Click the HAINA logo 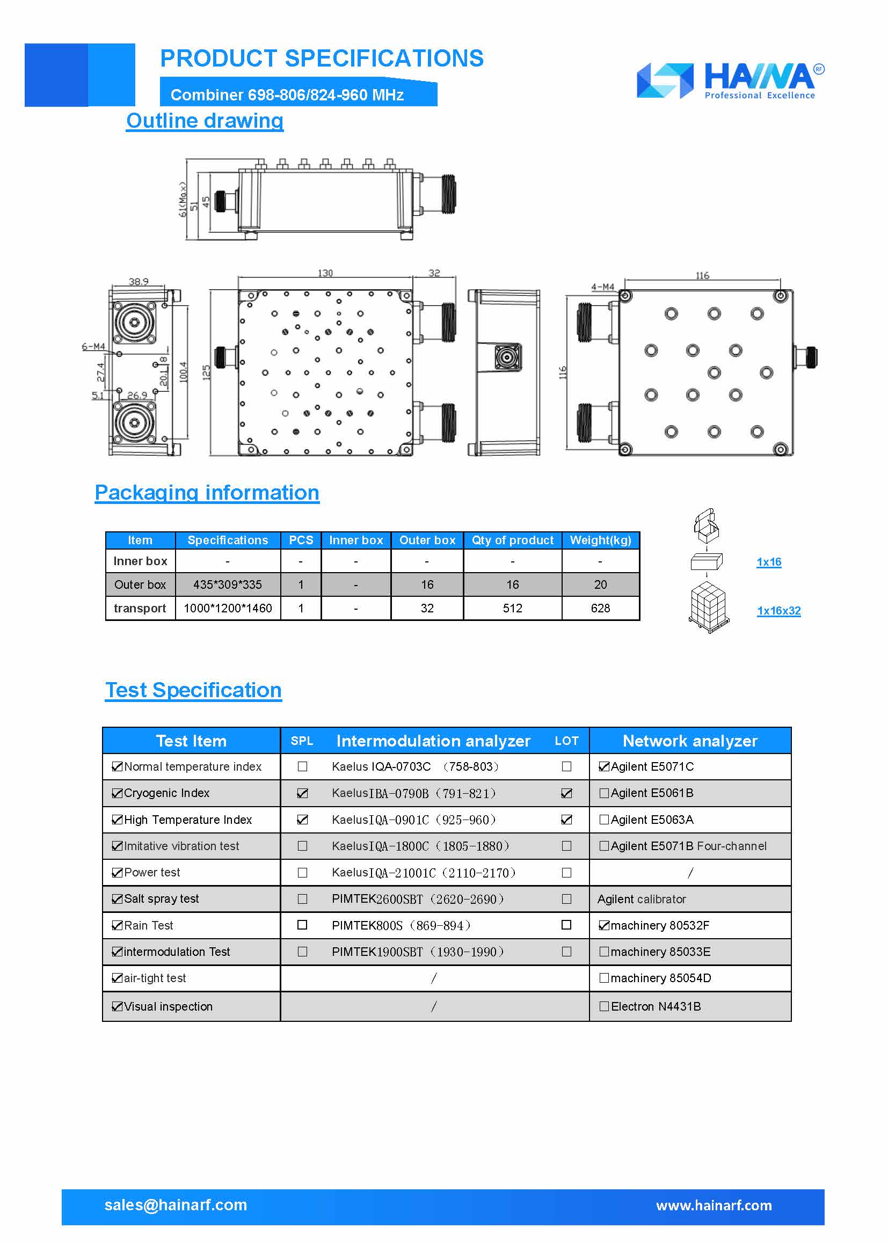point(731,81)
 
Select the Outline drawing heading point(205,121)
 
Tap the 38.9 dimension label point(139,282)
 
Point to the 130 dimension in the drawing point(325,273)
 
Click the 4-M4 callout point(602,287)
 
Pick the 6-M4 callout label point(93,347)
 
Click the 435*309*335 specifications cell point(228,584)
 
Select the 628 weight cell point(600,608)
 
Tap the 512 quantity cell point(512,608)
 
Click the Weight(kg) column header point(600,540)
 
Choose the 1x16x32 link point(778,611)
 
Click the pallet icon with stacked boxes point(709,608)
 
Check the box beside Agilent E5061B point(603,793)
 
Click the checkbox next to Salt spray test point(117,898)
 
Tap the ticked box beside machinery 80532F point(603,925)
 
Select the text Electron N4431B point(655,1006)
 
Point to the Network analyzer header point(689,741)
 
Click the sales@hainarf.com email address point(176,1205)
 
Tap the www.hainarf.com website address point(714,1205)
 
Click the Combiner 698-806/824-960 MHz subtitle point(287,95)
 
